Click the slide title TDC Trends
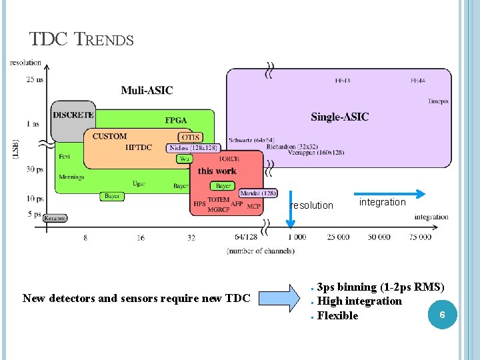click(x=81, y=40)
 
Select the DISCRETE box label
click(x=73, y=115)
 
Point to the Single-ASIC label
click(x=339, y=117)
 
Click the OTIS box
click(x=189, y=137)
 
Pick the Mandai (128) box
click(x=257, y=193)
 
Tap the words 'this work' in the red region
click(x=217, y=171)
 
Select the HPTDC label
click(x=140, y=147)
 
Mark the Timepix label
click(x=438, y=101)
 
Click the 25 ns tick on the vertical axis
click(x=35, y=80)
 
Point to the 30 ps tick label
click(x=35, y=169)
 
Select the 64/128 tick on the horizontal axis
click(x=246, y=237)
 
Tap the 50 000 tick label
click(x=379, y=237)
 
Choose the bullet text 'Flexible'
click(x=337, y=316)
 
